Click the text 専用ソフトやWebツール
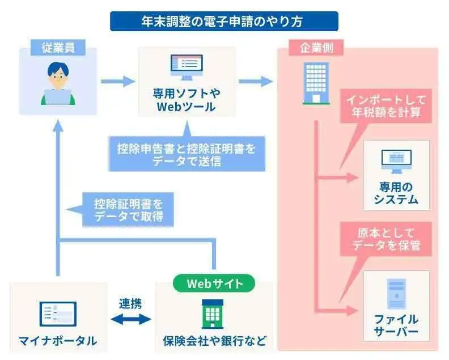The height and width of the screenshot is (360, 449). (x=187, y=99)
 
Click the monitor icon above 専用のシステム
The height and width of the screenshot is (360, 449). (x=396, y=161)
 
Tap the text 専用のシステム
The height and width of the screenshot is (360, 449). (x=396, y=193)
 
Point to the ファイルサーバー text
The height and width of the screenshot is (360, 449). (x=396, y=325)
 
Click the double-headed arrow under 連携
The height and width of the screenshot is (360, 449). (x=130, y=319)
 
